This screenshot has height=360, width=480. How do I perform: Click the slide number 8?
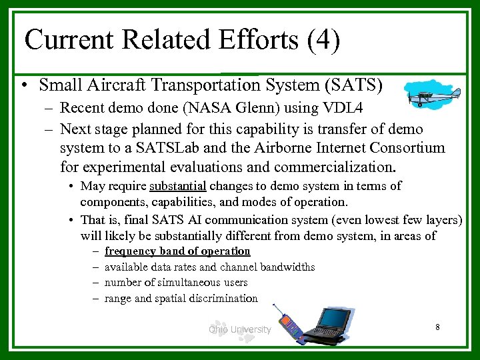[x=437, y=327]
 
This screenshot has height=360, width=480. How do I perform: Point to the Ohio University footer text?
[x=239, y=329]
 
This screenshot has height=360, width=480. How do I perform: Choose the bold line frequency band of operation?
[x=177, y=251]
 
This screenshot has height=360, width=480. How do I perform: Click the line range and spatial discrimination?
[x=181, y=299]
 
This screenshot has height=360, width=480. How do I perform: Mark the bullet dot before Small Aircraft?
[x=24, y=86]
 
